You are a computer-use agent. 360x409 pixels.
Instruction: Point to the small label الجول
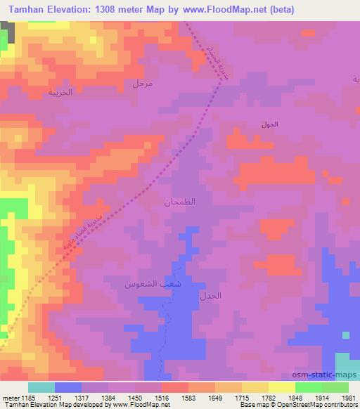269,124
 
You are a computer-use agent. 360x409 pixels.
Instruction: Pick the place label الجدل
211,296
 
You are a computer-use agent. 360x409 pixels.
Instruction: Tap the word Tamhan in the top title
26,9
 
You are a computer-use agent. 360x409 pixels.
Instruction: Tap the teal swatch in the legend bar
41,387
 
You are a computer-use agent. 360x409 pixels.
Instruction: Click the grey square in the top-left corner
8,30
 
